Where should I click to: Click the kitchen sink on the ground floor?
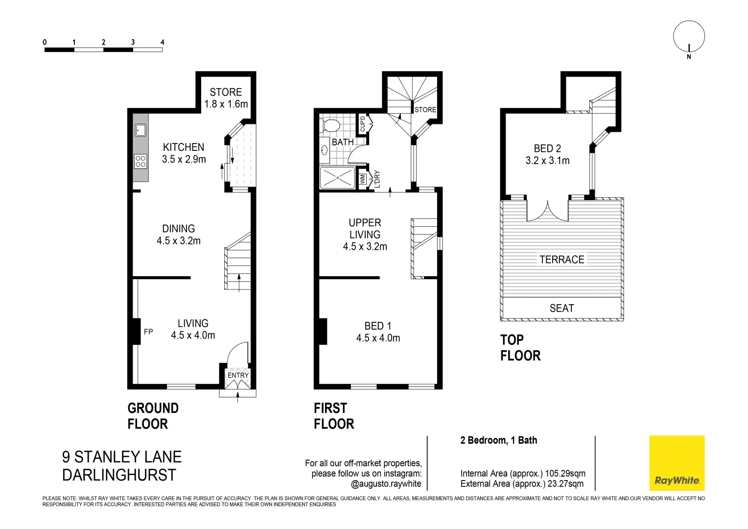pyautogui.click(x=140, y=130)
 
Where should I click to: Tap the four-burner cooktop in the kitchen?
pyautogui.click(x=140, y=161)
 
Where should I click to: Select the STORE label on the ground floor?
pyautogui.click(x=226, y=92)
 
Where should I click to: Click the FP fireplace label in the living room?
pyautogui.click(x=148, y=332)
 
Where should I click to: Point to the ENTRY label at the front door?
pyautogui.click(x=238, y=375)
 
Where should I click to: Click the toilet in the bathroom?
pyautogui.click(x=331, y=126)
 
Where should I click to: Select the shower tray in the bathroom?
pyautogui.click(x=337, y=178)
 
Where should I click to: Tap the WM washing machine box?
pyautogui.click(x=363, y=179)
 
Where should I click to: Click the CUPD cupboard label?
pyautogui.click(x=363, y=123)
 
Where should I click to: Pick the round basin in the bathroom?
pyautogui.click(x=325, y=150)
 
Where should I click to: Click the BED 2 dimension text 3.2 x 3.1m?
pyautogui.click(x=547, y=160)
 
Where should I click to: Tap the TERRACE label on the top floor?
pyautogui.click(x=561, y=259)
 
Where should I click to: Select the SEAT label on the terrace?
pyautogui.click(x=561, y=308)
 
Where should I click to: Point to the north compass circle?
pyautogui.click(x=689, y=36)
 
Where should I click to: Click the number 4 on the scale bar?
pyautogui.click(x=162, y=42)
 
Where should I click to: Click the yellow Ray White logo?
pyautogui.click(x=677, y=463)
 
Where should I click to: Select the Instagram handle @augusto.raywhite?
pyautogui.click(x=386, y=483)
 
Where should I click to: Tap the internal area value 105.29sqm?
pyautogui.click(x=565, y=473)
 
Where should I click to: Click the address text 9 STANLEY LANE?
pyautogui.click(x=122, y=457)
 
